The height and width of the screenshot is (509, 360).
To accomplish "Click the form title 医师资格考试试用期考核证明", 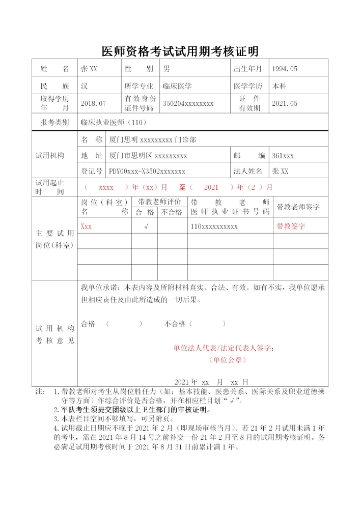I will coord(180,51).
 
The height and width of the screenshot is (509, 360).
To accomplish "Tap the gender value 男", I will coord(167,69).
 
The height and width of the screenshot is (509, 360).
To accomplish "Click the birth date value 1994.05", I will coord(285,69).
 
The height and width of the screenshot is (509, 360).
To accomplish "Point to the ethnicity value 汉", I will coord(85,86).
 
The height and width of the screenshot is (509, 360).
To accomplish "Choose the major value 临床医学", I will coord(177,86).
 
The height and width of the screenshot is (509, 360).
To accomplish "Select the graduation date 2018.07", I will coord(93,103).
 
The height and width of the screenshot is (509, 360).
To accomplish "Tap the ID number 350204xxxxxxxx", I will coord(188,103).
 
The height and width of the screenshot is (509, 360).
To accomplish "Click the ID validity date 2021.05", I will coord(285,103).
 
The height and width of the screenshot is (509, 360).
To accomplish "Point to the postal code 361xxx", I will coord(283,155).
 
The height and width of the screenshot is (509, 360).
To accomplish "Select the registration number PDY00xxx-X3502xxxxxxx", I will coord(147,171).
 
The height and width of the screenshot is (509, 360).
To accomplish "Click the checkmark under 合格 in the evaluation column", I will coord(146,227).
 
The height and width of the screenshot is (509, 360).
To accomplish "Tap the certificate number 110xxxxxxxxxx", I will coord(214,227).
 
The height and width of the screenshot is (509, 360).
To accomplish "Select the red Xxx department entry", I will coord(87,227).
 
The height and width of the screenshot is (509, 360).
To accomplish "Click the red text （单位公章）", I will coord(227,360).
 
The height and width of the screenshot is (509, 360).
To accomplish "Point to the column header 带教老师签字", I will coord(298,207).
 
